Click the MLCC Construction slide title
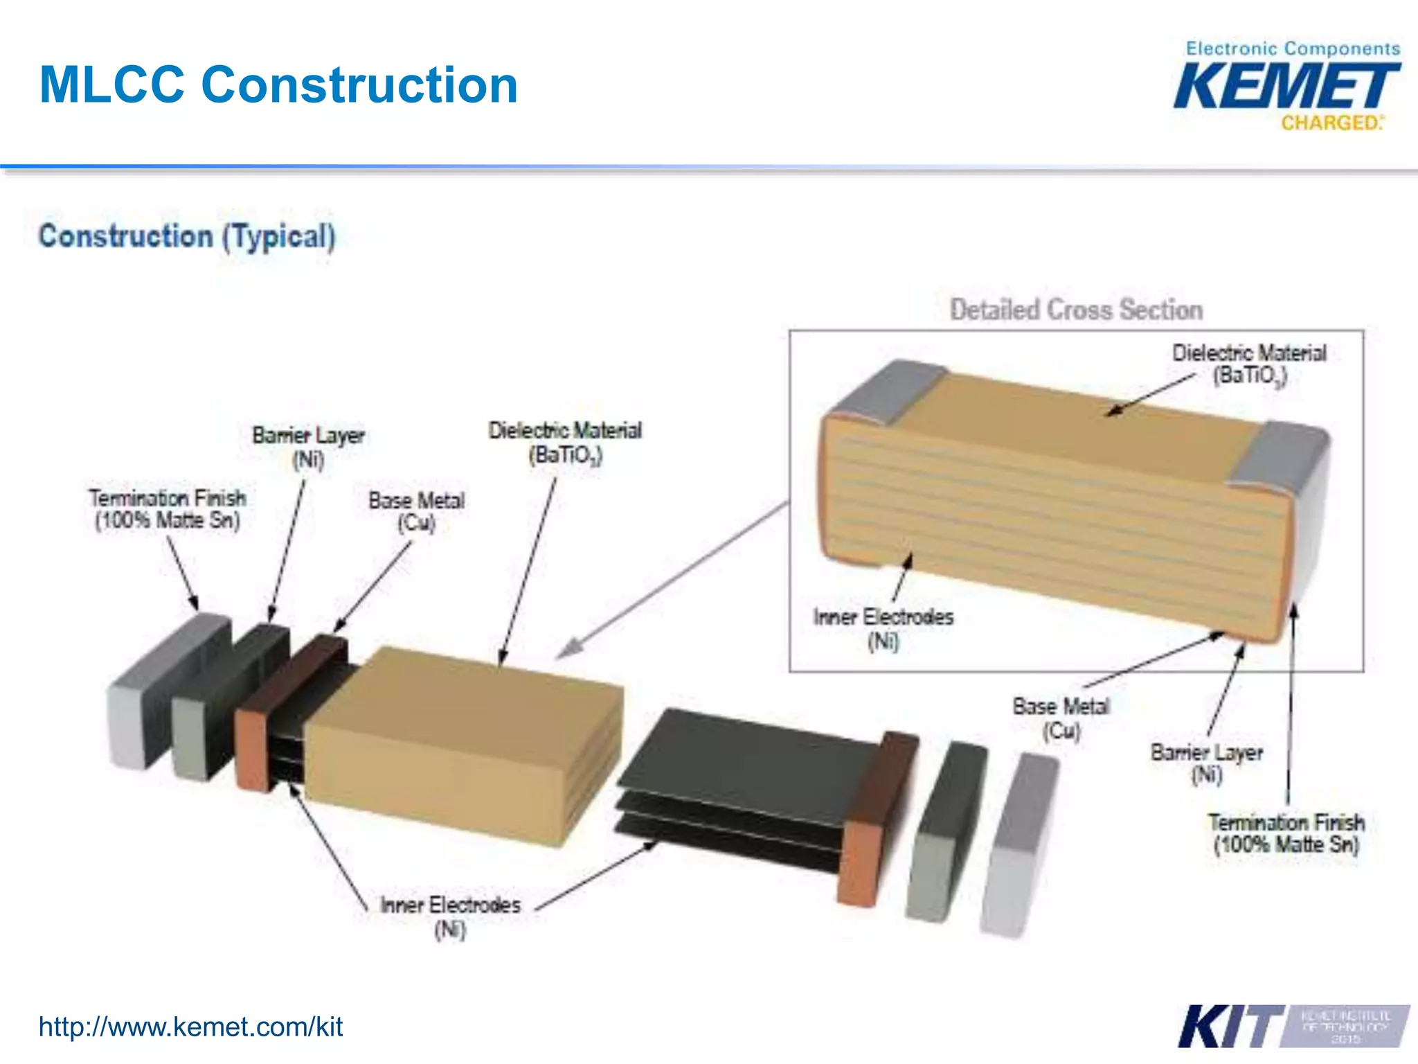pyautogui.click(x=278, y=85)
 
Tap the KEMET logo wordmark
pyautogui.click(x=1286, y=86)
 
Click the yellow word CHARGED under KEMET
pyautogui.click(x=1330, y=123)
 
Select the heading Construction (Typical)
pyautogui.click(x=187, y=236)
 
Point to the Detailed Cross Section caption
pyautogui.click(x=1076, y=310)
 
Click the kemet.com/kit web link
pyautogui.click(x=190, y=1027)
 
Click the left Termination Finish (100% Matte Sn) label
pyautogui.click(x=168, y=508)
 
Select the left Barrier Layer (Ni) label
pyautogui.click(x=308, y=447)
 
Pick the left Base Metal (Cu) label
pyautogui.click(x=416, y=511)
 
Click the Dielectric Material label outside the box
pyautogui.click(x=565, y=442)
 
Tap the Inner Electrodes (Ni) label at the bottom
pyautogui.click(x=450, y=916)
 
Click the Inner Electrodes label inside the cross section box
pyautogui.click(x=883, y=628)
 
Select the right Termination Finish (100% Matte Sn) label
pyautogui.click(x=1286, y=833)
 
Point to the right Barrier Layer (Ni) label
pyautogui.click(x=1206, y=763)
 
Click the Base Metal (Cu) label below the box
pyautogui.click(x=1061, y=718)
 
